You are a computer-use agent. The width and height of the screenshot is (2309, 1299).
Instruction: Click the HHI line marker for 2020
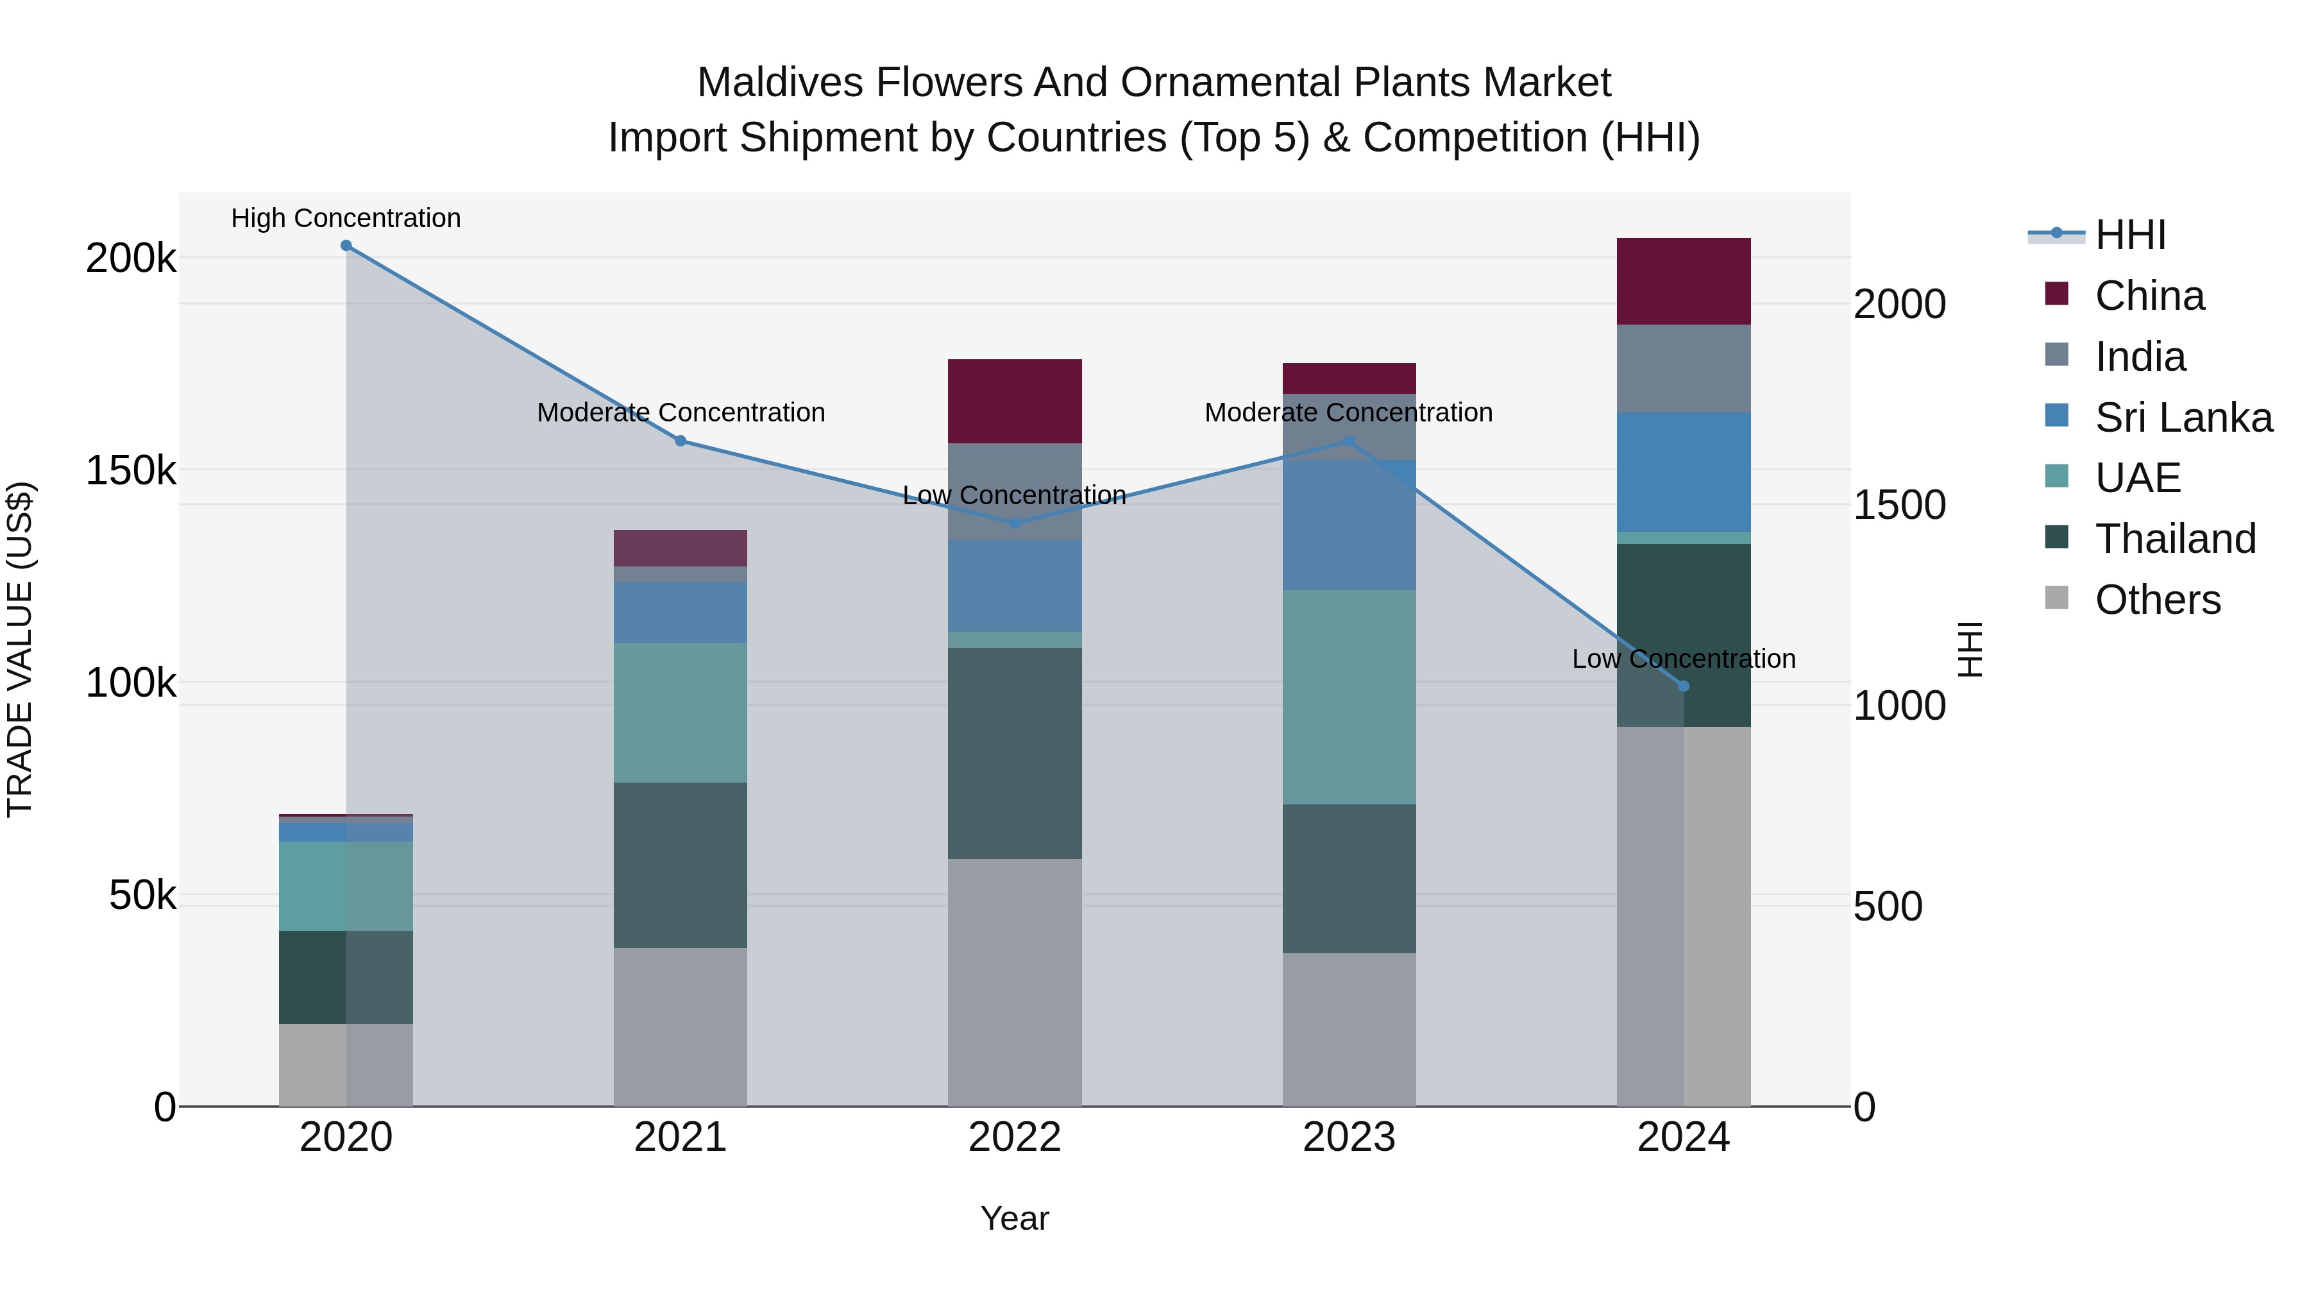[x=346, y=246]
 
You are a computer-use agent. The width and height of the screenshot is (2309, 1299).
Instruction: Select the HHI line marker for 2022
[x=1015, y=523]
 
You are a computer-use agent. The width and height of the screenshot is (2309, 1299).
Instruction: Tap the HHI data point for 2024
[x=1684, y=686]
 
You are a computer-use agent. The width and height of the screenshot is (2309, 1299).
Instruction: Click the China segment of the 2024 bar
[x=1684, y=282]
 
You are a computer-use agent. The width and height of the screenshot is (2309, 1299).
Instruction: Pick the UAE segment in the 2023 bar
[x=1349, y=697]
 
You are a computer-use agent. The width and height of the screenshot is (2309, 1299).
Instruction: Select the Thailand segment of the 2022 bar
[x=1015, y=753]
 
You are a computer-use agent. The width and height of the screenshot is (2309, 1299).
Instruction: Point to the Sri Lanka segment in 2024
[x=1684, y=472]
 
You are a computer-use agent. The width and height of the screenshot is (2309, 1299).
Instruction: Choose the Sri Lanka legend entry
[x=2183, y=418]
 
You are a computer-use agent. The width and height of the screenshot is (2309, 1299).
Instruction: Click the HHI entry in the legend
[x=2129, y=235]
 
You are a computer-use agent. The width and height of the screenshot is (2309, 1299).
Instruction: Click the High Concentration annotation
[x=346, y=219]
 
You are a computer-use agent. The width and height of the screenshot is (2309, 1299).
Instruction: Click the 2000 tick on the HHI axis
[x=1899, y=305]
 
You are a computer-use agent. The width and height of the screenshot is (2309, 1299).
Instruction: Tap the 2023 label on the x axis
[x=1349, y=1137]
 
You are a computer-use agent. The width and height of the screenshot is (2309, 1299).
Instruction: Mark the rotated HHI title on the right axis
[x=1969, y=649]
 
